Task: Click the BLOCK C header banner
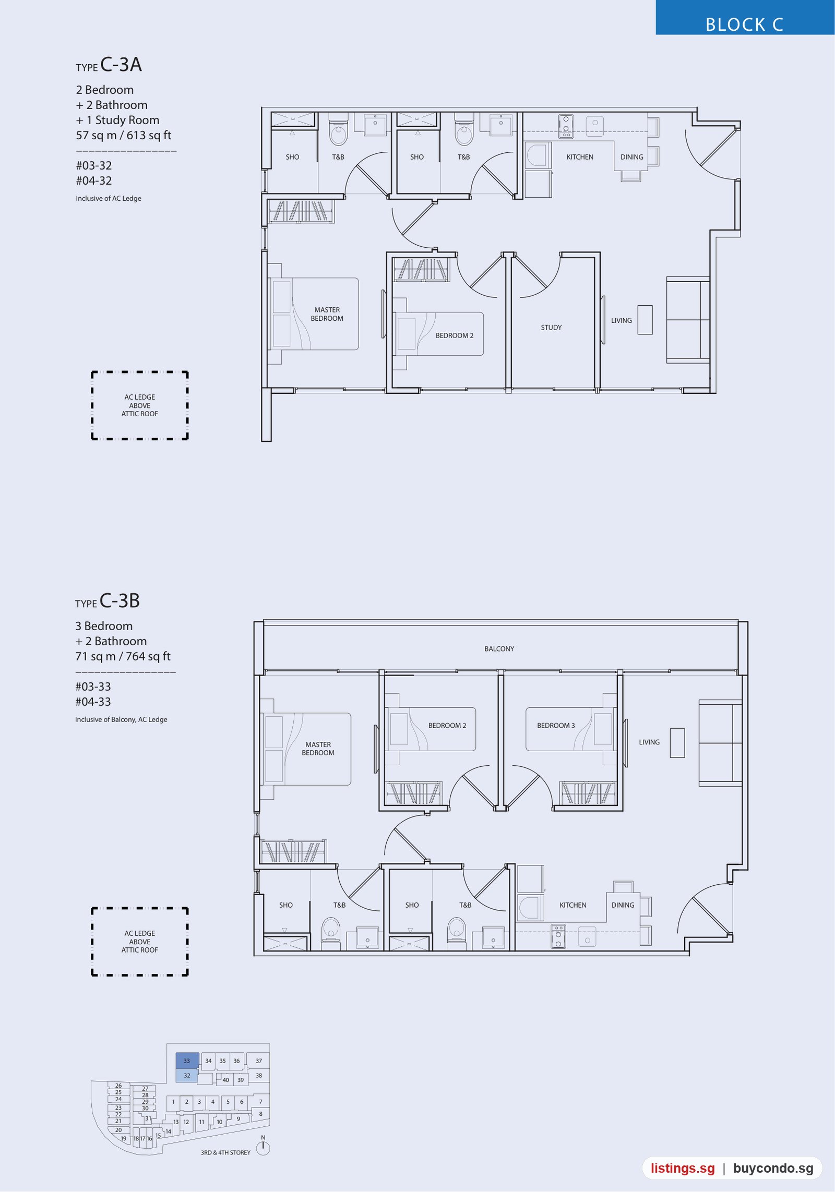745,18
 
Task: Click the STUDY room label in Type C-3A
551,328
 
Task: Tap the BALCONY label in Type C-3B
499,649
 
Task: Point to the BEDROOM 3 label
556,726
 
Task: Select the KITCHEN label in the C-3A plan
580,157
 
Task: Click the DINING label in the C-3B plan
623,905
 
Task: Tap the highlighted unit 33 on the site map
187,1061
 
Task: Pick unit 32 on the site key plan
187,1075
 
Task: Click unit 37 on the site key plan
259,1061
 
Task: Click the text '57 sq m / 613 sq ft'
124,136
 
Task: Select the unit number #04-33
93,702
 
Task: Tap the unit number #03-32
94,166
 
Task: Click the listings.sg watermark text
683,1169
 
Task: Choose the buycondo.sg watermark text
773,1169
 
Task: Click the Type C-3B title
108,601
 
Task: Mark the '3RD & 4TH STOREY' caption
225,1152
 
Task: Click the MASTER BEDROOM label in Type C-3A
327,314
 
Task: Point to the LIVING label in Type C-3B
649,742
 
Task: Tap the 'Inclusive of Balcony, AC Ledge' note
121,719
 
